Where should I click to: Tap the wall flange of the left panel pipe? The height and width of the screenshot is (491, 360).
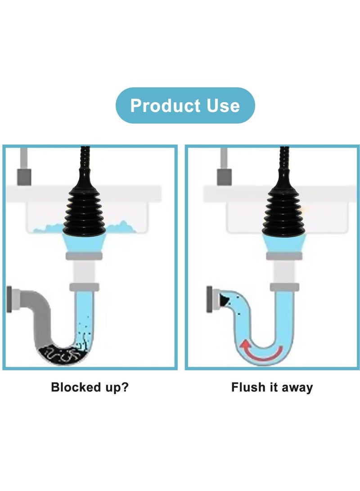(x=9, y=297)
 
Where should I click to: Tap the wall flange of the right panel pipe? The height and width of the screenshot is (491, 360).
(x=209, y=298)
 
